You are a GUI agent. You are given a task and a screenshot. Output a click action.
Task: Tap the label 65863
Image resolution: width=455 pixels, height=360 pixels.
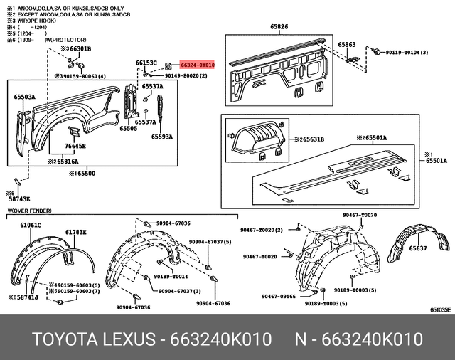pos(347,45)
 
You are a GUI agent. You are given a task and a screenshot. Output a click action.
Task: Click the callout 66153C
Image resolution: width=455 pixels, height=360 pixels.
pos(146,63)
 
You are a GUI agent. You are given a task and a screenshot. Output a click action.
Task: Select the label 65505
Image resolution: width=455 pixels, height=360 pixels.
pos(128,129)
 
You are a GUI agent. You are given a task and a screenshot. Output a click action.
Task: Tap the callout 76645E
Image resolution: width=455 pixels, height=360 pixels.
pos(75,147)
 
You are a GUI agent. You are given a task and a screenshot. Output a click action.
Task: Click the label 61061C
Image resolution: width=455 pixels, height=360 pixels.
pos(31,225)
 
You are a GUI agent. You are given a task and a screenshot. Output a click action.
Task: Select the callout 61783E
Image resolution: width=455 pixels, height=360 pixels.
pos(76,232)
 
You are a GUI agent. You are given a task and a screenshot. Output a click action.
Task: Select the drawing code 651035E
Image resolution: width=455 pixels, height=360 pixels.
pos(439,310)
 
